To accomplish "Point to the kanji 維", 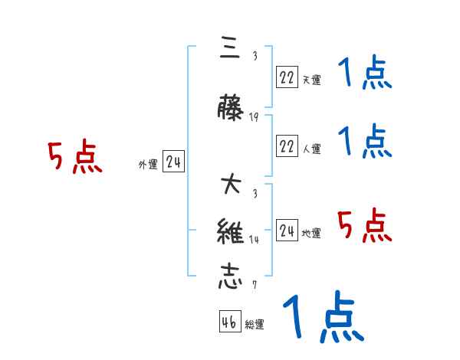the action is (x=231, y=232).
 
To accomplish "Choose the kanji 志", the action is (x=231, y=277).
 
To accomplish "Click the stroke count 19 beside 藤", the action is (x=254, y=117).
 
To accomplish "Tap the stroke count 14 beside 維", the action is (x=254, y=240).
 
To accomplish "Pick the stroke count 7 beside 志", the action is (x=254, y=285).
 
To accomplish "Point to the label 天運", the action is (x=312, y=80).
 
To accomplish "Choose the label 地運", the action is (x=312, y=234).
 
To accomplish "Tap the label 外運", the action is (x=148, y=165).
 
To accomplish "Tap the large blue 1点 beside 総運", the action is (x=322, y=316).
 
